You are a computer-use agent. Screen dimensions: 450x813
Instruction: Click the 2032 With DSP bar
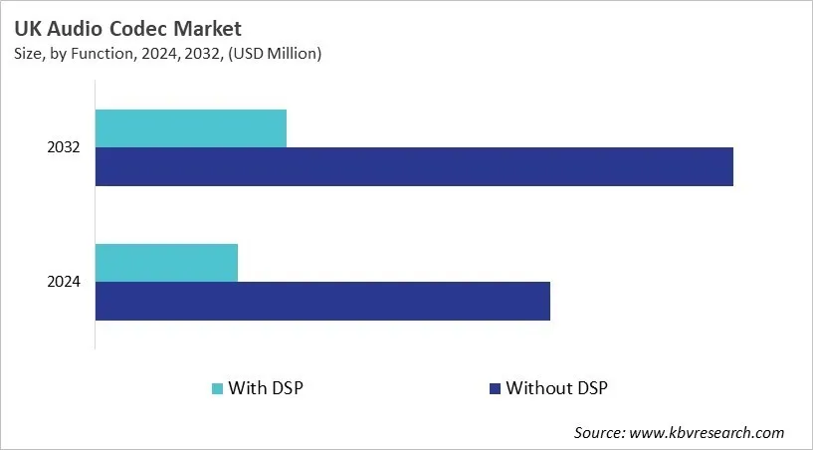pos(191,128)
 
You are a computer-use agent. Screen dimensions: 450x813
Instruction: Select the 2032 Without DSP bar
pos(414,166)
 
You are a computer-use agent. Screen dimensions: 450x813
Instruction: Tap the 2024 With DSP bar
pos(166,262)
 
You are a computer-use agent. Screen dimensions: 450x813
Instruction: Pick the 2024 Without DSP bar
pos(322,301)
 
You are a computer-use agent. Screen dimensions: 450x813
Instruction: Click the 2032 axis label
pos(64,147)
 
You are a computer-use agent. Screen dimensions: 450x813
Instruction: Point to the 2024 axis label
pos(64,282)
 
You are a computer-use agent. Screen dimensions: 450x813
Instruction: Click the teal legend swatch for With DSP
pos(217,387)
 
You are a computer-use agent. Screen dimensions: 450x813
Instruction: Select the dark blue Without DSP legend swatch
pos(494,387)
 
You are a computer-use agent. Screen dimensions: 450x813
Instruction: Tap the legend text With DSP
pos(265,387)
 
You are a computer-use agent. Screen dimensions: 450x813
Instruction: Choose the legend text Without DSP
pos(556,387)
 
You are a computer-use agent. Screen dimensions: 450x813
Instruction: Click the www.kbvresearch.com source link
pos(708,432)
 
